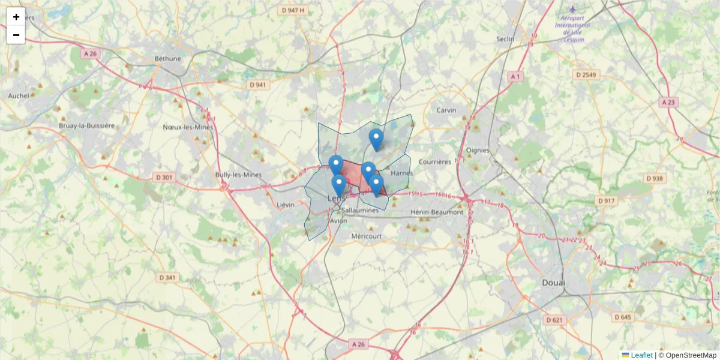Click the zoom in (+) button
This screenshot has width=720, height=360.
(x=16, y=17)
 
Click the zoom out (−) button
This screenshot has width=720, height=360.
(x=16, y=35)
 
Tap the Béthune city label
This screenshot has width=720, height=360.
(x=167, y=58)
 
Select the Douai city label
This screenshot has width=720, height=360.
(x=553, y=282)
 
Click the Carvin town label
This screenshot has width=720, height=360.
(x=446, y=110)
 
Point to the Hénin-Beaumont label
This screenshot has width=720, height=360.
(x=437, y=212)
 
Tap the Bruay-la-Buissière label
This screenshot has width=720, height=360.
(x=86, y=126)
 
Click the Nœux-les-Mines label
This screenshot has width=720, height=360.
(x=188, y=127)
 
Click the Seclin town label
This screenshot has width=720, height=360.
(x=505, y=39)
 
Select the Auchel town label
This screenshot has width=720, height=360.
(x=19, y=95)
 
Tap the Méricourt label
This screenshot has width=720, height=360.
(x=367, y=236)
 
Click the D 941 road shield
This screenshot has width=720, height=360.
(x=258, y=85)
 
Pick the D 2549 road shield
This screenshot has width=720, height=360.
(x=586, y=75)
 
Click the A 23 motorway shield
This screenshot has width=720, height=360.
(x=668, y=103)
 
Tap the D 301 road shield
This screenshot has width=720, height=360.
(x=164, y=177)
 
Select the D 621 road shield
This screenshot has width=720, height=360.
(x=555, y=320)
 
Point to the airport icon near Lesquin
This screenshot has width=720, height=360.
(x=572, y=9)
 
